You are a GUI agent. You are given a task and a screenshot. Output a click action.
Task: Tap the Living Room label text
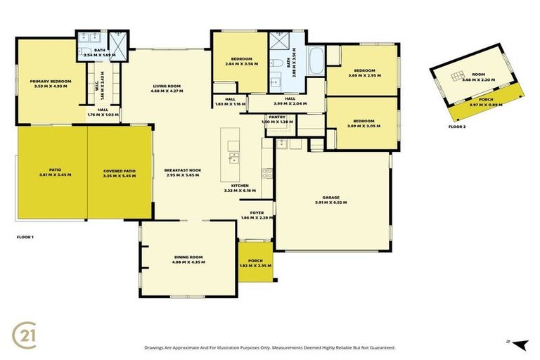click(x=168, y=86)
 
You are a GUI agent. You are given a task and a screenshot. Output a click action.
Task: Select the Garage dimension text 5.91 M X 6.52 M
click(x=331, y=202)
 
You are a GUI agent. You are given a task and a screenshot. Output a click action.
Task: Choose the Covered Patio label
click(x=119, y=171)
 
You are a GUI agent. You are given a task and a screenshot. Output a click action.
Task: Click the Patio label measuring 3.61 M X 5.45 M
click(x=51, y=171)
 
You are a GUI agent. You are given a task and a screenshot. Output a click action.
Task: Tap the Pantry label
click(x=276, y=117)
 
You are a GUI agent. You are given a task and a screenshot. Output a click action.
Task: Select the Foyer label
click(x=256, y=213)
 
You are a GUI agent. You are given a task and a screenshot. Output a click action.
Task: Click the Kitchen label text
click(x=240, y=186)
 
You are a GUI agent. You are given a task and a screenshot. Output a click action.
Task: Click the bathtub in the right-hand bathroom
click(x=316, y=63)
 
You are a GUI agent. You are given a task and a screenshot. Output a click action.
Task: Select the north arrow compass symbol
click(x=519, y=344)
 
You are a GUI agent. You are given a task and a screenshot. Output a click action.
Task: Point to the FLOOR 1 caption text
click(x=25, y=237)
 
